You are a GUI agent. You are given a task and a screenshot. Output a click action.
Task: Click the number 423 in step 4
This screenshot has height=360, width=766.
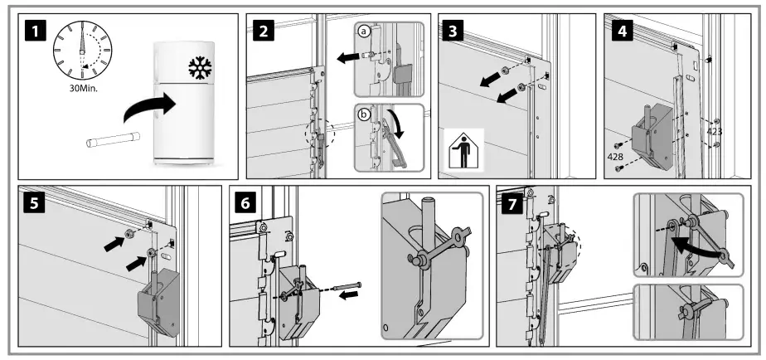tap(716, 131)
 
